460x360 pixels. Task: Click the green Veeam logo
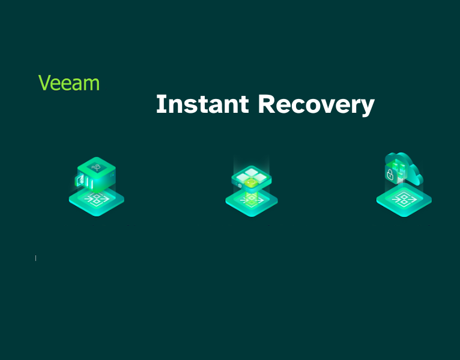pyautogui.click(x=69, y=83)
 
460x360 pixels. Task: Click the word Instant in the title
pyautogui.click(x=202, y=104)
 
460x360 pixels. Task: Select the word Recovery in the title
pyautogui.click(x=316, y=104)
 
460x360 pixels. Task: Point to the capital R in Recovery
pyautogui.click(x=267, y=104)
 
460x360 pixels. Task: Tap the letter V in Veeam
pyautogui.click(x=44, y=83)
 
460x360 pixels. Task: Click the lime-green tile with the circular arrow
pyautogui.click(x=252, y=182)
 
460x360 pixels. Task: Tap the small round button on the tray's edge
pyautogui.click(x=239, y=185)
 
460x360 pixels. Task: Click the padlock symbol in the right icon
pyautogui.click(x=389, y=176)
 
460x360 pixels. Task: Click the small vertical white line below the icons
pyautogui.click(x=35, y=258)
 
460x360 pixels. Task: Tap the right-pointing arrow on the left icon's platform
pyautogui.click(x=106, y=199)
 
